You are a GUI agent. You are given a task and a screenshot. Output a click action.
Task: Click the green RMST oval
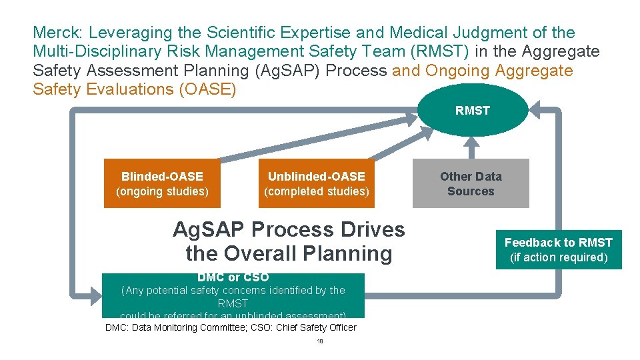473,110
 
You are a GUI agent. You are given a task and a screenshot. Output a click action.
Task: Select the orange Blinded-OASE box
162,183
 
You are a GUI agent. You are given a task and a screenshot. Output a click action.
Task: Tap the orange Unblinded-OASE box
317,183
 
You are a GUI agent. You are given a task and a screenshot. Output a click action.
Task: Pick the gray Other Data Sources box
471,183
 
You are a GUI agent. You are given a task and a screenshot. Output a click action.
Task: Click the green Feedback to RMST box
559,249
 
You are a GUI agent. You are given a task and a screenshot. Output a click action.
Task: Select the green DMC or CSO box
233,296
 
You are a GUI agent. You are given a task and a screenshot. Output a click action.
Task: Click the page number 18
320,341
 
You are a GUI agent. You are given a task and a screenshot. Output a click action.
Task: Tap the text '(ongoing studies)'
162,191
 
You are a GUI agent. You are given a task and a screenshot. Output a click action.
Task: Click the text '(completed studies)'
317,191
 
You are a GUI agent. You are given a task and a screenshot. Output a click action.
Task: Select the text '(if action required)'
559,257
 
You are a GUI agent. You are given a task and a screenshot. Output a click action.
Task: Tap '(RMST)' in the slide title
437,51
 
